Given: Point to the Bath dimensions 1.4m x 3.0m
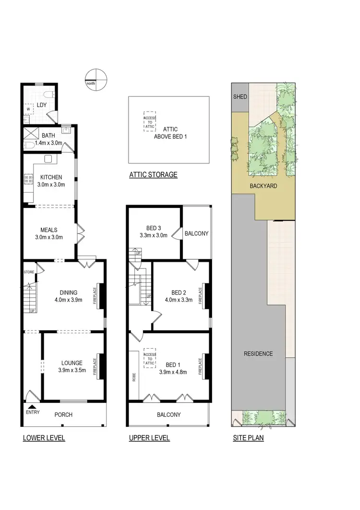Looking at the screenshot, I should coord(49,143).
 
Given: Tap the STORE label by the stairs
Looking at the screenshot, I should coord(29,272).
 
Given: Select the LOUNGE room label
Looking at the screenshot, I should coord(72,363).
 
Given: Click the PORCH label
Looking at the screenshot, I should coord(63,414).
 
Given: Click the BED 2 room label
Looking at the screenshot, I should coord(179,292).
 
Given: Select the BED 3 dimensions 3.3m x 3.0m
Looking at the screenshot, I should coord(153,236).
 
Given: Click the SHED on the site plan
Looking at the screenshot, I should coord(240,97).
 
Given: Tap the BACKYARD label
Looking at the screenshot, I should coord(263,185).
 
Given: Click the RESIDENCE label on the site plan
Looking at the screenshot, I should coord(258,353).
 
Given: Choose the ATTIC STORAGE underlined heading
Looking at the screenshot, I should coord(153,175).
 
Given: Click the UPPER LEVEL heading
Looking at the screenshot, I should coord(149,438).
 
